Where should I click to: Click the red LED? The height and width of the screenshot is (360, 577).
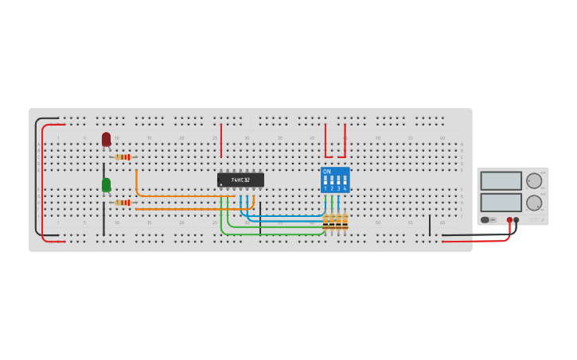106,139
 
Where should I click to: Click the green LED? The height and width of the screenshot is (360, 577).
106,184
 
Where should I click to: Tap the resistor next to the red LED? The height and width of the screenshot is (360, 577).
123,157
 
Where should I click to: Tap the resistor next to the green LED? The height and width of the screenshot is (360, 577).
123,203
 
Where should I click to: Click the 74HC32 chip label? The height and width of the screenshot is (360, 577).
240,180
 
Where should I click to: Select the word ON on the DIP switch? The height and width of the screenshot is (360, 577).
327,172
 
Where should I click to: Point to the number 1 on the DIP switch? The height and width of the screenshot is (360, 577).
326,189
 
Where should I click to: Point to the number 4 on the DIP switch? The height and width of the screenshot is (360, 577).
345,189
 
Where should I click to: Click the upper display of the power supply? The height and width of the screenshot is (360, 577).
501,180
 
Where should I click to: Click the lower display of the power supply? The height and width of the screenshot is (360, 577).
501,202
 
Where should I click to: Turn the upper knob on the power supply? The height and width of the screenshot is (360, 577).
534,180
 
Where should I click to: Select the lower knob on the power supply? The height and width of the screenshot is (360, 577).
534,203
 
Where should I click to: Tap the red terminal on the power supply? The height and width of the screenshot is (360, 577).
509,219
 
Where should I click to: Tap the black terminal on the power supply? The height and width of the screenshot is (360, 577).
517,219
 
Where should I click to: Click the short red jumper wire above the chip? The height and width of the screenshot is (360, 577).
221,140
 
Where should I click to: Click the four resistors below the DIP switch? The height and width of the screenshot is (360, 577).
335,222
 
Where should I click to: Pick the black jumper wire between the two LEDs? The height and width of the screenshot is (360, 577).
103,170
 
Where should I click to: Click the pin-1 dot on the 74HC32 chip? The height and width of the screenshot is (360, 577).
221,185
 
